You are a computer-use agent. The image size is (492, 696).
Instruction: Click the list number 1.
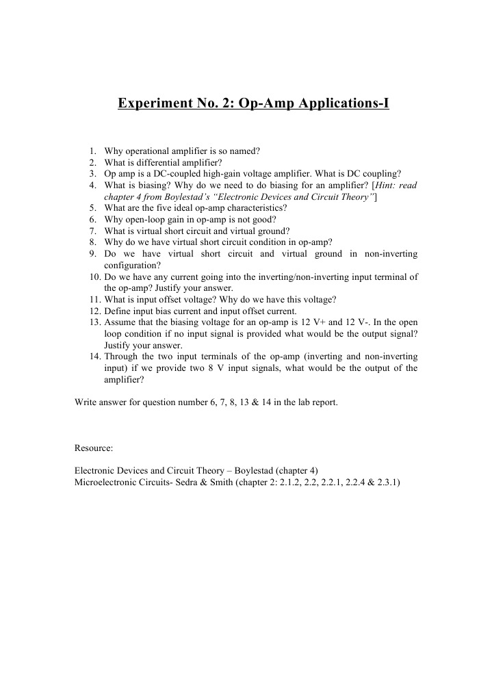[x=92, y=151]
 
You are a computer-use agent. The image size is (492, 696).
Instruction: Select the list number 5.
[x=92, y=208]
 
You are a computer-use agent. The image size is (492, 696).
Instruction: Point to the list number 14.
[x=94, y=357]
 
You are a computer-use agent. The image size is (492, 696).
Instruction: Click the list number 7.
[x=92, y=231]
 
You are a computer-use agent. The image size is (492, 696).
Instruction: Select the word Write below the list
[x=86, y=402]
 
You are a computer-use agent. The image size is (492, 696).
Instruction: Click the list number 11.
[x=94, y=299]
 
